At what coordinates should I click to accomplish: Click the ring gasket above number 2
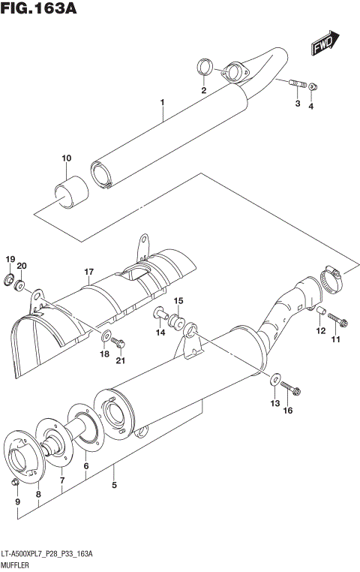[203, 68]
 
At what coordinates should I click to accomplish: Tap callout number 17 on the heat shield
[88, 271]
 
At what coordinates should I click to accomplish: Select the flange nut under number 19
[10, 281]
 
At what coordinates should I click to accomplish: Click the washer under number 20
[22, 286]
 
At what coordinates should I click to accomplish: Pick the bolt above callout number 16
[292, 389]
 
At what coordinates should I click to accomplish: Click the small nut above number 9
[16, 481]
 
